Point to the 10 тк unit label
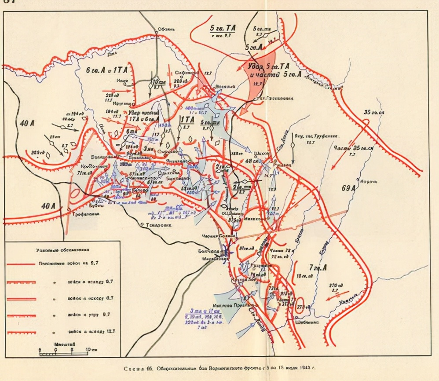(x=157, y=82)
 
